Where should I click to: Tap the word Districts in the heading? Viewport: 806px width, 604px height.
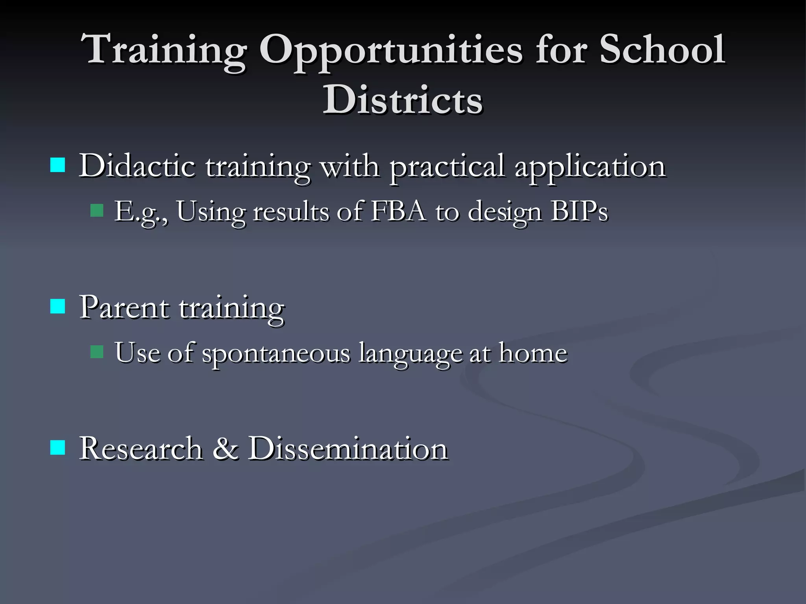pyautogui.click(x=402, y=100)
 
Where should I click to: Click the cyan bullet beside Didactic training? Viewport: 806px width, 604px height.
pyautogui.click(x=58, y=166)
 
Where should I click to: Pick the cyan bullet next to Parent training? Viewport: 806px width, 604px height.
pyautogui.click(x=58, y=306)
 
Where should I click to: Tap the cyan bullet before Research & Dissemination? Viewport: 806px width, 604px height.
pyautogui.click(x=58, y=447)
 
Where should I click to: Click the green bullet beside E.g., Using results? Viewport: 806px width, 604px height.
pyautogui.click(x=96, y=210)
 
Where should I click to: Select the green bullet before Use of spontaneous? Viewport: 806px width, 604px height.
pyautogui.click(x=96, y=352)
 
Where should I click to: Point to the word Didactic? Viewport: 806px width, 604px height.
pyautogui.click(x=137, y=166)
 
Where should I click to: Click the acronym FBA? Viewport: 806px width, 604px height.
pyautogui.click(x=398, y=211)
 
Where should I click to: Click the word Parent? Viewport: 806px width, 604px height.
pyautogui.click(x=124, y=307)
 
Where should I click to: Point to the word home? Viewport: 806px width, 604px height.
pyautogui.click(x=533, y=353)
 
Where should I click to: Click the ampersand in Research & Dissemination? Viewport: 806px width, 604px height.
pyautogui.click(x=225, y=448)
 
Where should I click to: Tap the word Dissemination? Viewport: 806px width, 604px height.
pyautogui.click(x=348, y=448)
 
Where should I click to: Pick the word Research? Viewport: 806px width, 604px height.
pyautogui.click(x=140, y=448)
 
